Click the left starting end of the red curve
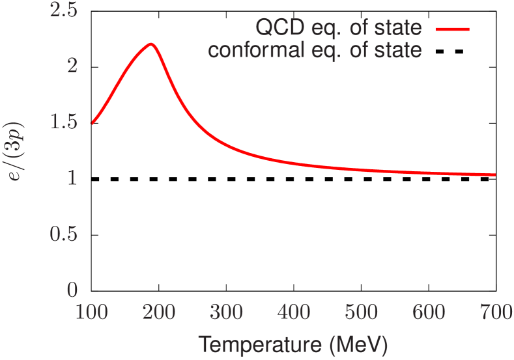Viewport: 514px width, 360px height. tap(92, 123)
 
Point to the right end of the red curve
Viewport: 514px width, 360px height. tap(495, 174)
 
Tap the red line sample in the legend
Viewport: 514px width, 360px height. tap(451, 29)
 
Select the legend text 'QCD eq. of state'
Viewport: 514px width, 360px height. tap(338, 28)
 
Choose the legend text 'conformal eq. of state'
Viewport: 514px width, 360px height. tap(315, 50)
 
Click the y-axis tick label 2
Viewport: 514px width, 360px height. tap(72, 65)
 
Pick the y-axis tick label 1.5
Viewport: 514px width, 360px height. tap(64, 122)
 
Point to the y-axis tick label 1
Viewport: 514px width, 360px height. tap(72, 178)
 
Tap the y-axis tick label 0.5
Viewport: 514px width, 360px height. tap(64, 234)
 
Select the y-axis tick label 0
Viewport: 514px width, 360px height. tap(72, 290)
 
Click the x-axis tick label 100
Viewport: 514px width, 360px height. tap(91, 312)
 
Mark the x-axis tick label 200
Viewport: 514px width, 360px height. tap(159, 312)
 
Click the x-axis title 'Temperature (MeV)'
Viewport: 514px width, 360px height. tap(293, 343)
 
